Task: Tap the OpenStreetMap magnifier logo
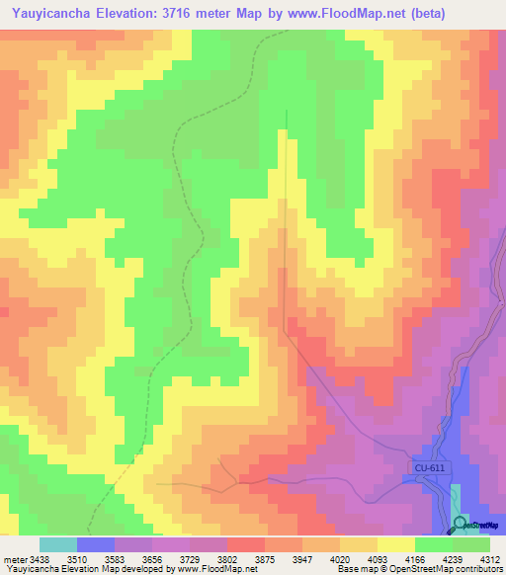(460, 524)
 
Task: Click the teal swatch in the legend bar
(57, 544)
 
